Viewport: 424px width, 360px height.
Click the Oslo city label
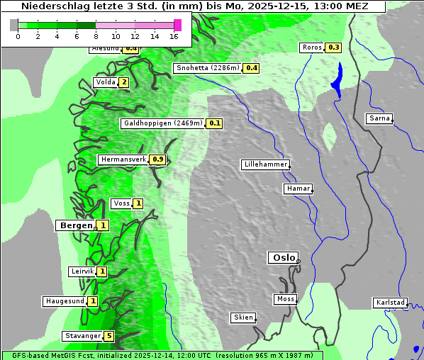click(x=283, y=258)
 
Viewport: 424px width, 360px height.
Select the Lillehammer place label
click(x=265, y=164)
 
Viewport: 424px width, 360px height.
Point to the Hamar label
click(x=297, y=189)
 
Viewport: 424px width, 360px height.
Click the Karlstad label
click(x=391, y=303)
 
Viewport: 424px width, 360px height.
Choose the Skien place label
click(x=243, y=317)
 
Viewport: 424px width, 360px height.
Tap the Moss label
click(x=285, y=299)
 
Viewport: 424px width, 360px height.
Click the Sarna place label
click(x=379, y=118)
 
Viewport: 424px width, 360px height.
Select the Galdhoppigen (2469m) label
click(x=163, y=123)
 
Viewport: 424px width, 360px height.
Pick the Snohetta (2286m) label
click(x=207, y=68)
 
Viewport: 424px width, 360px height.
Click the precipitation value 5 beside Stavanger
click(x=108, y=336)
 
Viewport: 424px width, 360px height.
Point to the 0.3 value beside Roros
click(x=333, y=47)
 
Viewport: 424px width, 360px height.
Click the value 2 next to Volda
click(x=124, y=82)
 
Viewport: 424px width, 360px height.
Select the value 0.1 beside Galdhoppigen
click(x=214, y=123)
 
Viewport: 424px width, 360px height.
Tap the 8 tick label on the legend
click(x=96, y=36)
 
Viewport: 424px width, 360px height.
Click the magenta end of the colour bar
click(x=177, y=25)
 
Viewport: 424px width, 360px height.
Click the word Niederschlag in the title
click(x=50, y=6)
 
